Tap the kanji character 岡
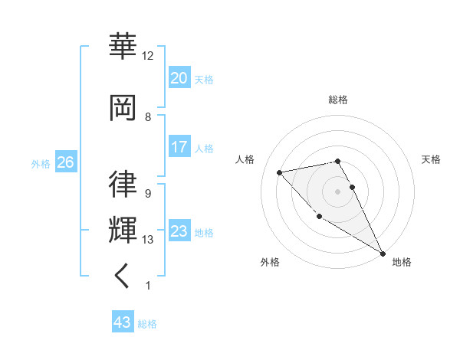pos(123,106)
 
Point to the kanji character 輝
pos(123,230)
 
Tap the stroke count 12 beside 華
pos(148,56)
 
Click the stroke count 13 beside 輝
pos(148,240)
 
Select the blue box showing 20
pos(179,78)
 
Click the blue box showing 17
pos(179,147)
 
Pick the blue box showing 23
pos(179,231)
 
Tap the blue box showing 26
pos(65,162)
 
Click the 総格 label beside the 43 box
pos(147,324)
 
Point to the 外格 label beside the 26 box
pos(41,163)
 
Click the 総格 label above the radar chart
pos(337,100)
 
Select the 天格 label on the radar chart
pos(432,159)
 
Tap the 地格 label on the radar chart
pos(402,262)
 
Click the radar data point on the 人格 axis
pos(280,172)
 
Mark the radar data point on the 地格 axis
pos(383,254)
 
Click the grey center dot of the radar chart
pos(337,191)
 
